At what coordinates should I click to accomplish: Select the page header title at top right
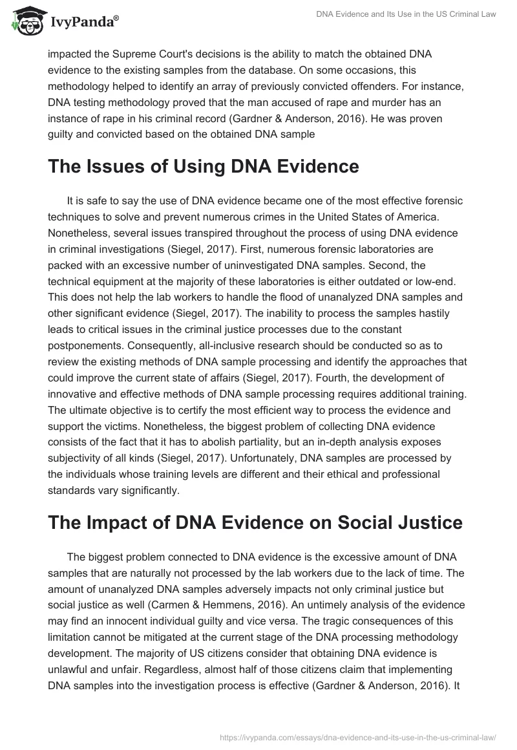(x=406, y=14)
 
